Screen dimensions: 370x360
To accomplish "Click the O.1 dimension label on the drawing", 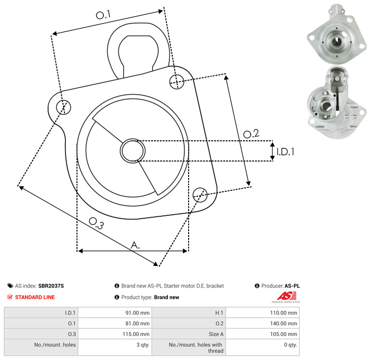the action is click(x=103, y=14).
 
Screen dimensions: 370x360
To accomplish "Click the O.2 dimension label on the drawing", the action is click(x=251, y=134).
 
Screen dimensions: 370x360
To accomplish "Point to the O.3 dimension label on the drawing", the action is click(x=96, y=223).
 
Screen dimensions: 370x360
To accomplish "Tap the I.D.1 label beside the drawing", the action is click(x=285, y=152).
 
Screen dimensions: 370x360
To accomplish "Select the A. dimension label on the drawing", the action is click(x=135, y=245).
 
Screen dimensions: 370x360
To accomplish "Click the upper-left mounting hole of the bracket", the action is click(x=64, y=107).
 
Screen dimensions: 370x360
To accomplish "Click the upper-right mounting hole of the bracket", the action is click(x=177, y=82).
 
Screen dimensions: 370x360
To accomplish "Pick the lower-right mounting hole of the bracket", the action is click(x=200, y=195).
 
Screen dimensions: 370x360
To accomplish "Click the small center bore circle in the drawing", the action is click(x=133, y=151).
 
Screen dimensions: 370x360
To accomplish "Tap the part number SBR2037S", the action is click(x=51, y=286).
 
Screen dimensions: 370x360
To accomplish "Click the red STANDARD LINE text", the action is click(x=35, y=297).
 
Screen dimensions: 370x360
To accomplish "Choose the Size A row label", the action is click(x=216, y=334).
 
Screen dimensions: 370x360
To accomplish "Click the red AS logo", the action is click(x=287, y=296).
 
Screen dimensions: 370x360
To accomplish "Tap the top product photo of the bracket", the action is click(x=337, y=34).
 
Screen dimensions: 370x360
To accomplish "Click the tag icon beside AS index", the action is click(x=10, y=286).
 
